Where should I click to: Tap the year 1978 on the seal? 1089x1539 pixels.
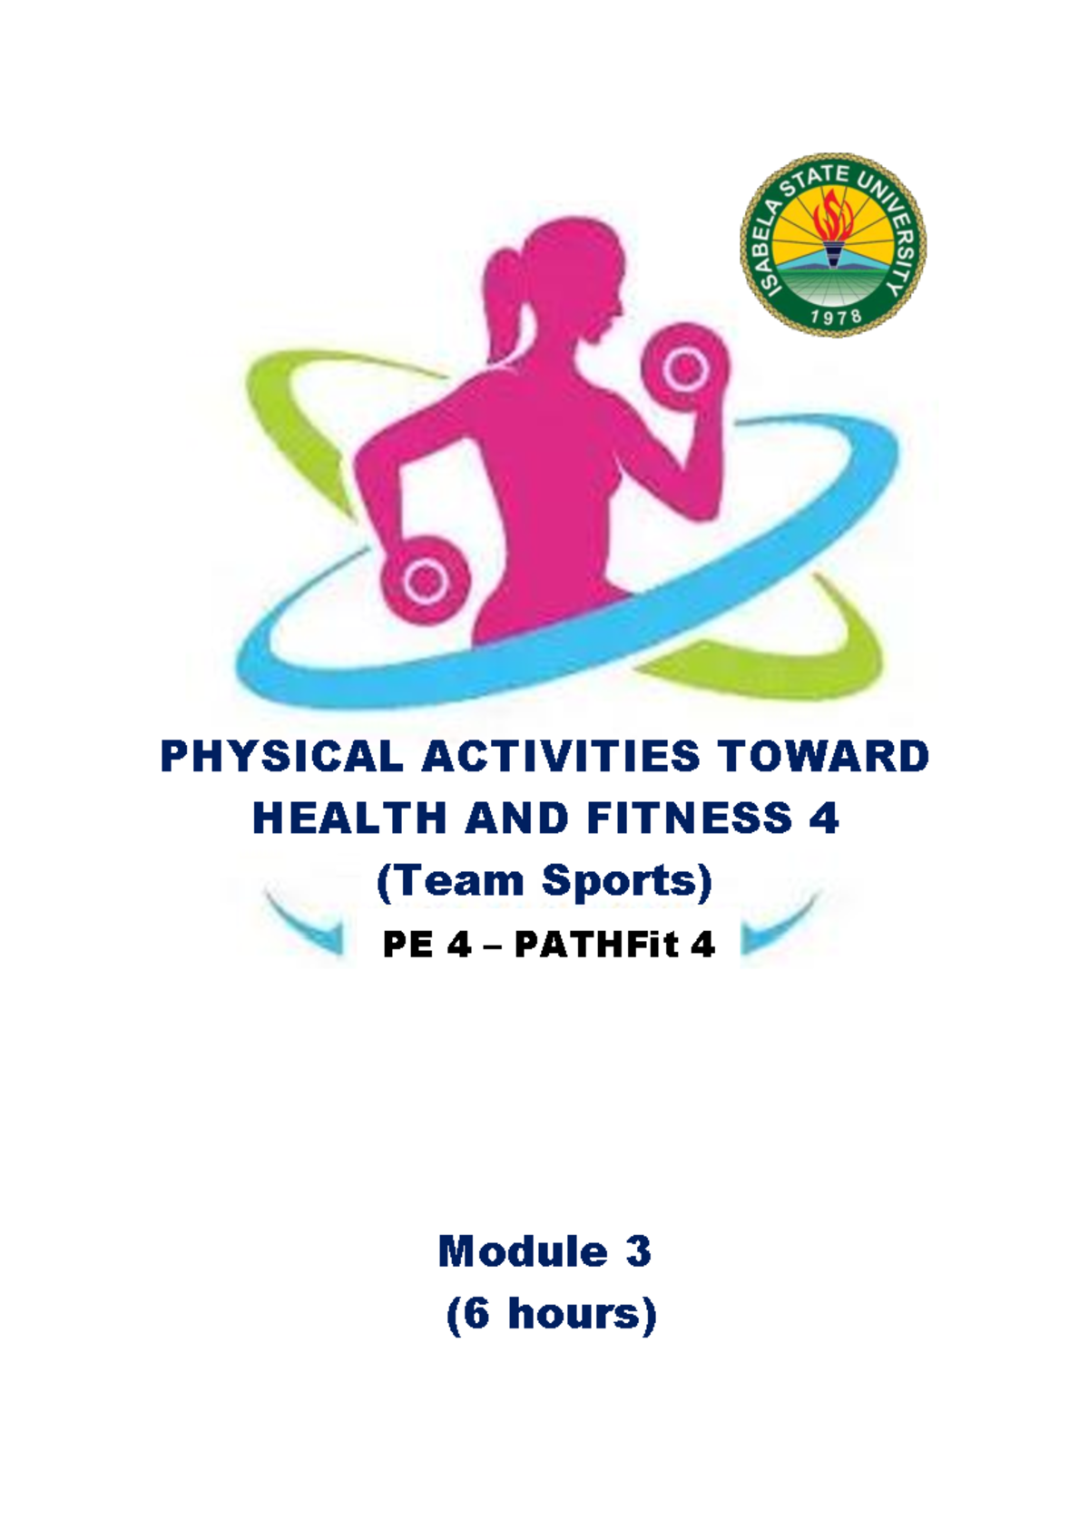tap(835, 317)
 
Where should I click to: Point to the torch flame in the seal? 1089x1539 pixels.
tap(833, 218)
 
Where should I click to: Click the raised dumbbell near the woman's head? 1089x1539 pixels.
tap(686, 369)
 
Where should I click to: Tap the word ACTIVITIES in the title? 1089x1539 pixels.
tap(560, 757)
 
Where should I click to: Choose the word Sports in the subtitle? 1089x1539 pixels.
tap(626, 881)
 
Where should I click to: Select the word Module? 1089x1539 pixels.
tap(522, 1252)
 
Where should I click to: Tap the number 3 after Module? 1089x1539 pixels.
tap(638, 1252)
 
